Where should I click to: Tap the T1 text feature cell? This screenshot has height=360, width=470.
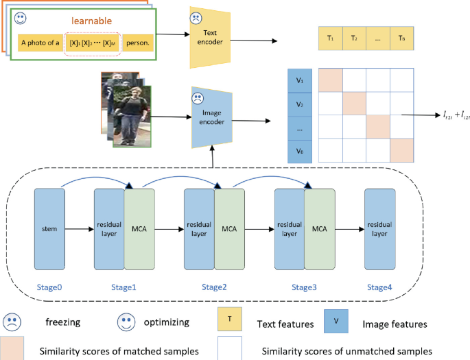tap(331, 39)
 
